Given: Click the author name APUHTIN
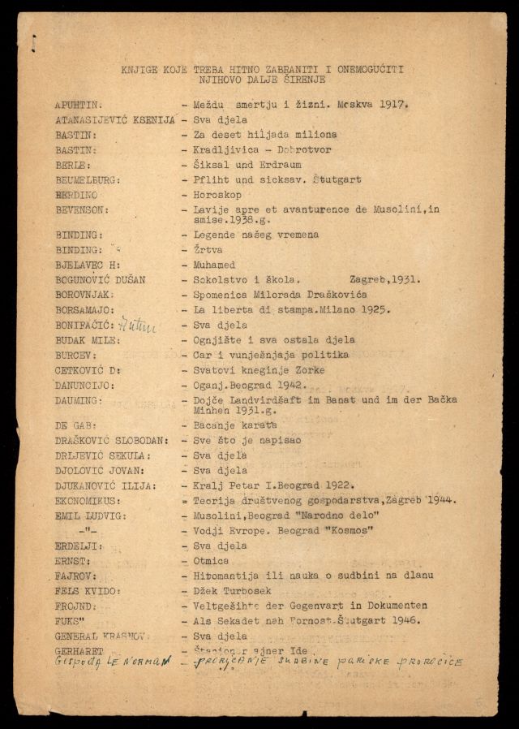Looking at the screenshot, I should pos(78,105).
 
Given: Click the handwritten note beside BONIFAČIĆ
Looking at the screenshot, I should pos(137,325).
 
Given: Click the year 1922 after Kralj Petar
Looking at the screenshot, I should pos(341,485).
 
